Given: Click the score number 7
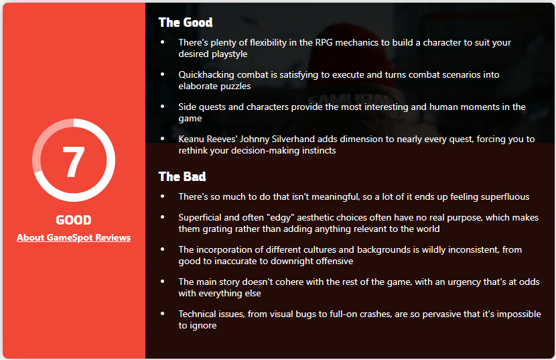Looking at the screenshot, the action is tap(74, 162).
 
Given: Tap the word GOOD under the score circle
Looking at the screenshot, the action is tap(74, 220).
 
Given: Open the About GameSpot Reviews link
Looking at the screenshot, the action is tap(74, 237).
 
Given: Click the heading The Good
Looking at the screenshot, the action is tap(186, 22).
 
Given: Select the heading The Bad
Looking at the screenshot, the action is tap(182, 176).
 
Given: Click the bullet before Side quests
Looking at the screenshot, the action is tap(163, 106).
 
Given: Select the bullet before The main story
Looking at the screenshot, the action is tap(163, 281).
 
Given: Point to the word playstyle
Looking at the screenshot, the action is tap(229, 54).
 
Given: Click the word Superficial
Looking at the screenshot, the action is tap(196, 218).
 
